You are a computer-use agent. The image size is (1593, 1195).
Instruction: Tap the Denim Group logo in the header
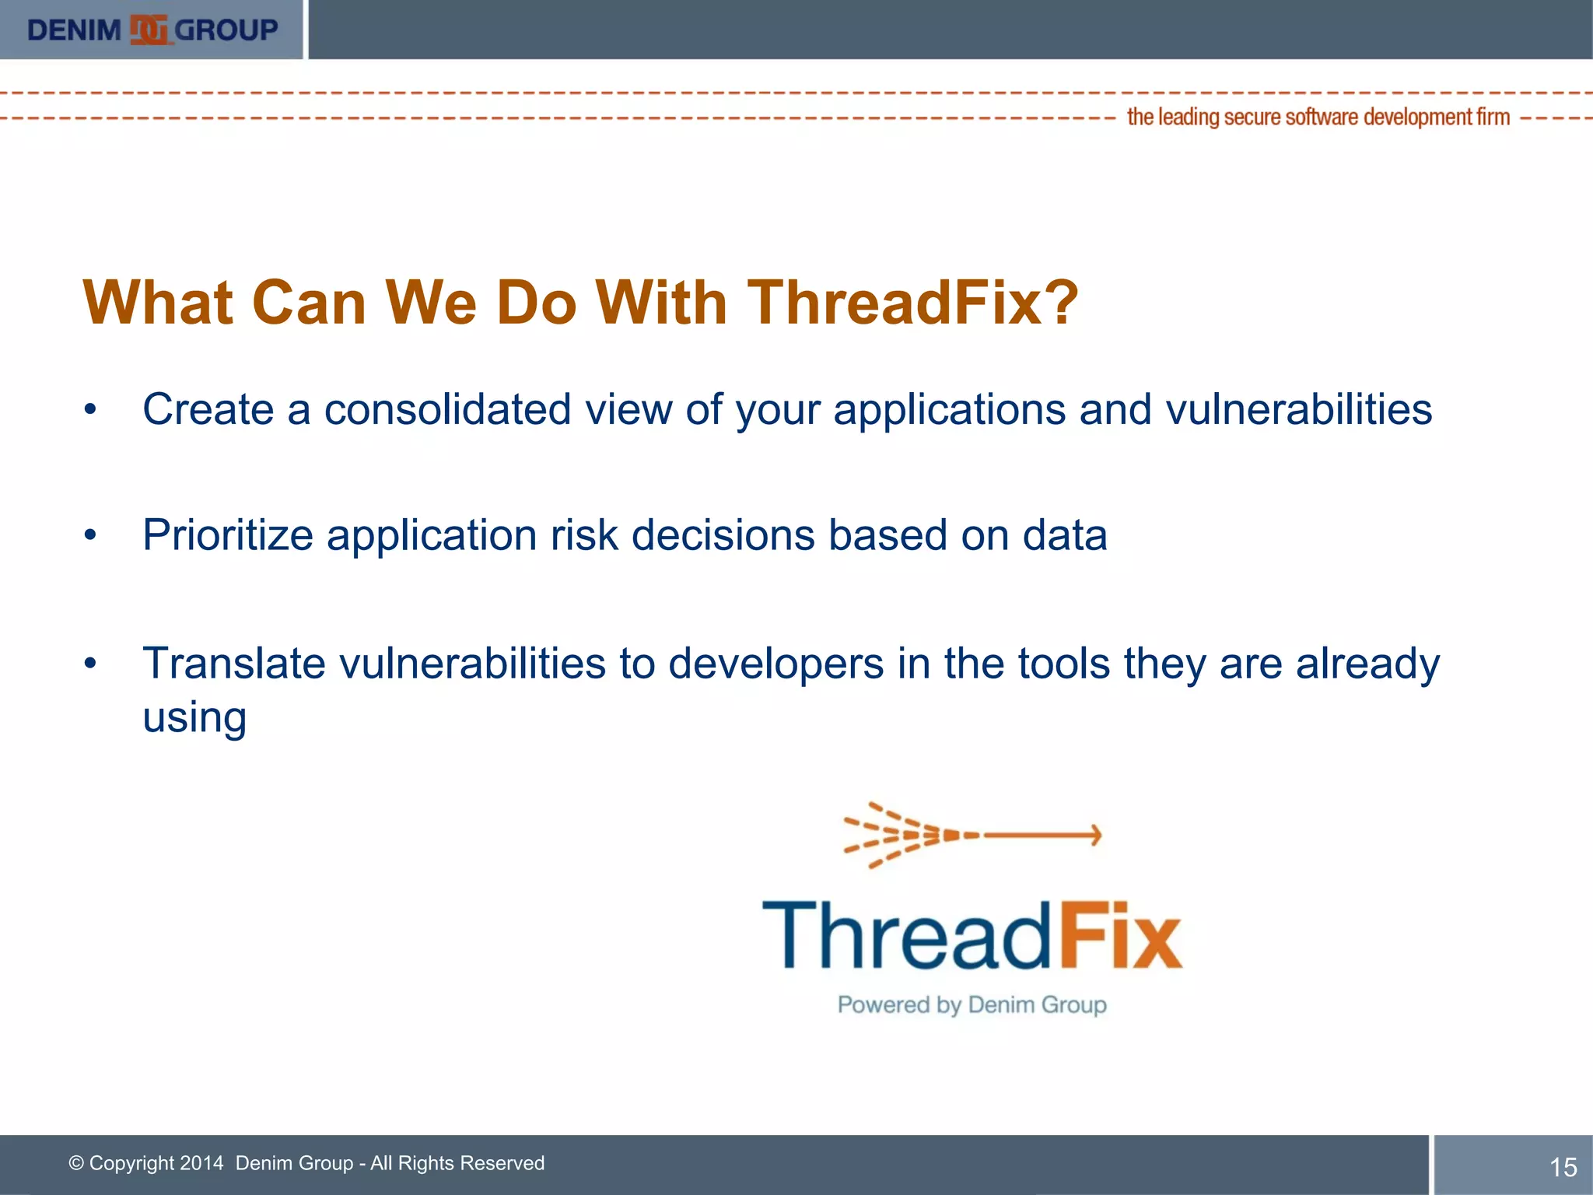coord(152,30)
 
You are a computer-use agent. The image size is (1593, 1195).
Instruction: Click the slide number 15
coord(1563,1167)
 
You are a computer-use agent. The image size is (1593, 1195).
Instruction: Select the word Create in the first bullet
coord(208,409)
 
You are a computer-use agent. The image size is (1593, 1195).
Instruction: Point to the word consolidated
coord(447,409)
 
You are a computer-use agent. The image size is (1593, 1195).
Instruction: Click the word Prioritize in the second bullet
coord(228,536)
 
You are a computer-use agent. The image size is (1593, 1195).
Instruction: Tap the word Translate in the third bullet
coord(234,664)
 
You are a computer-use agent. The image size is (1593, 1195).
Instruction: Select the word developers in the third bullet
coord(775,664)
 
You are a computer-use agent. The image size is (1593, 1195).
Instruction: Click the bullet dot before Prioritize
coord(91,535)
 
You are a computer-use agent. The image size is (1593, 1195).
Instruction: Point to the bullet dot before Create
coord(91,409)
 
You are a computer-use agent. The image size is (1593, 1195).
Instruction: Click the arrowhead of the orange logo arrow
coord(1095,835)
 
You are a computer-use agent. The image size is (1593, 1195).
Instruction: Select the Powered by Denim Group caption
coord(972,1004)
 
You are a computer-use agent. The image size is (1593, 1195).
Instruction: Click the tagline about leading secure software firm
coord(1318,117)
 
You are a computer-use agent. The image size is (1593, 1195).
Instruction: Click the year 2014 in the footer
coord(201,1163)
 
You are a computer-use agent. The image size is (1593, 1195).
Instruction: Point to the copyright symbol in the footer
coord(76,1163)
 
